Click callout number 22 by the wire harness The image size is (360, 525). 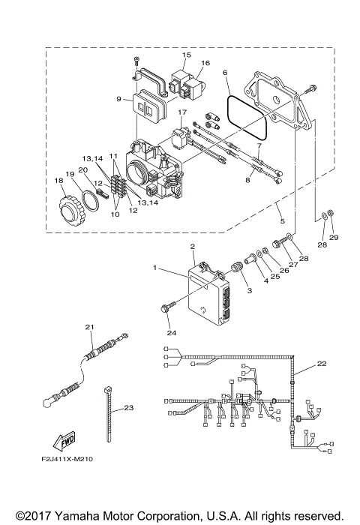322,364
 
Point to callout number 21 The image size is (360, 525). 89,327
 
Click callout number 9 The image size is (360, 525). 118,97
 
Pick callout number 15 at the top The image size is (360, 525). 187,55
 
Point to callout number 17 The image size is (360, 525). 181,112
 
